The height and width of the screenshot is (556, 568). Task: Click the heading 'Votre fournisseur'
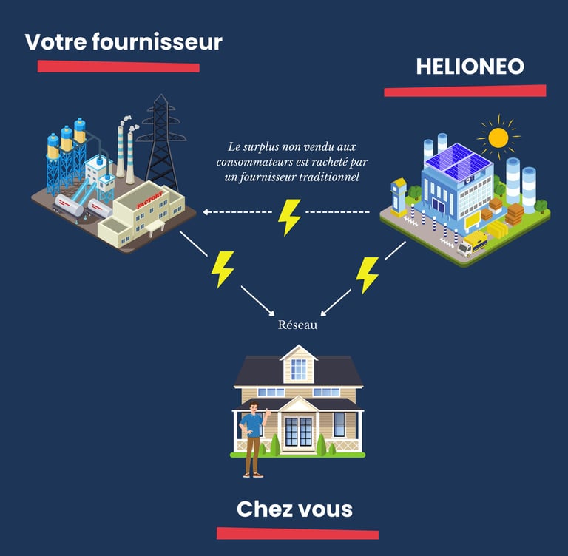coord(124,42)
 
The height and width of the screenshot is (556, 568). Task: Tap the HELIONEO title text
coord(470,67)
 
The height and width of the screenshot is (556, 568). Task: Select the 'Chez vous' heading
coord(294,509)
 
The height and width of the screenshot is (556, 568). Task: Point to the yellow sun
coord(498,138)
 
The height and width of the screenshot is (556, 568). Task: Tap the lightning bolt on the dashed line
coord(288,215)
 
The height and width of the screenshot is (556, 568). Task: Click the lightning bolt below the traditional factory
coord(222,268)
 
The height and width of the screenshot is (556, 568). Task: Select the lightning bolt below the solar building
coord(367,274)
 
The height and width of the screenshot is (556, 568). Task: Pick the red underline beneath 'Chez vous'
coord(297,534)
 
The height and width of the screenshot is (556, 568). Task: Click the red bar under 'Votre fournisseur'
coord(118,67)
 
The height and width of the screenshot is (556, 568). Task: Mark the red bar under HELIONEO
coord(464,91)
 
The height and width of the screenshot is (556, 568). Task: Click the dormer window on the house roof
coord(299,367)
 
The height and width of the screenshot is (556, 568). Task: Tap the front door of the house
coord(299,432)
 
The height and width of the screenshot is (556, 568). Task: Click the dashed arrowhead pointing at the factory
coord(208,212)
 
